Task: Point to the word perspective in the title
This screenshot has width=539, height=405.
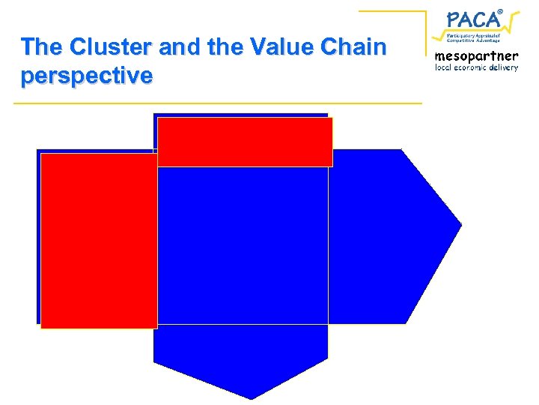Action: point(87,76)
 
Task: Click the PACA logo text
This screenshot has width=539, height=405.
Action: point(472,19)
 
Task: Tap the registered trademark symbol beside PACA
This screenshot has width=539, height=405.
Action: point(500,9)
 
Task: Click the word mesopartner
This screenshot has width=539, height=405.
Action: point(476,55)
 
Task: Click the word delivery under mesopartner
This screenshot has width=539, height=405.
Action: point(504,67)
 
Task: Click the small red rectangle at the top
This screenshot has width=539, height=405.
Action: point(245,142)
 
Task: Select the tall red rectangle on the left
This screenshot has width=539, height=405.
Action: point(99,241)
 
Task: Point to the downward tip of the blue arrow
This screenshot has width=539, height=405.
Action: point(250,397)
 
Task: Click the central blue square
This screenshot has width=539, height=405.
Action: point(243,245)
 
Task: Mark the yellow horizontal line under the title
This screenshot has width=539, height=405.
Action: point(217,103)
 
